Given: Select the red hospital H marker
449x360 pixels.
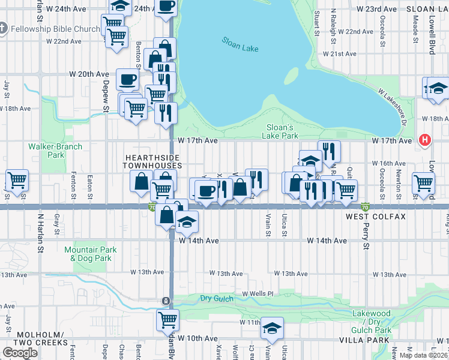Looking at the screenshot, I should tap(426, 140).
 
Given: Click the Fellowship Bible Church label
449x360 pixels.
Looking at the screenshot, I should tap(58, 29).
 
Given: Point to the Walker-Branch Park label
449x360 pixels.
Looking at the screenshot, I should tap(46, 150).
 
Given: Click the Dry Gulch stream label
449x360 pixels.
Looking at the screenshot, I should tap(215, 298).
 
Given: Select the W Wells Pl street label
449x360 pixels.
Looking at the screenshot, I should tap(258, 294).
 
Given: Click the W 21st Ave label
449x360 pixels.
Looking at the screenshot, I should tap(340, 53).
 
